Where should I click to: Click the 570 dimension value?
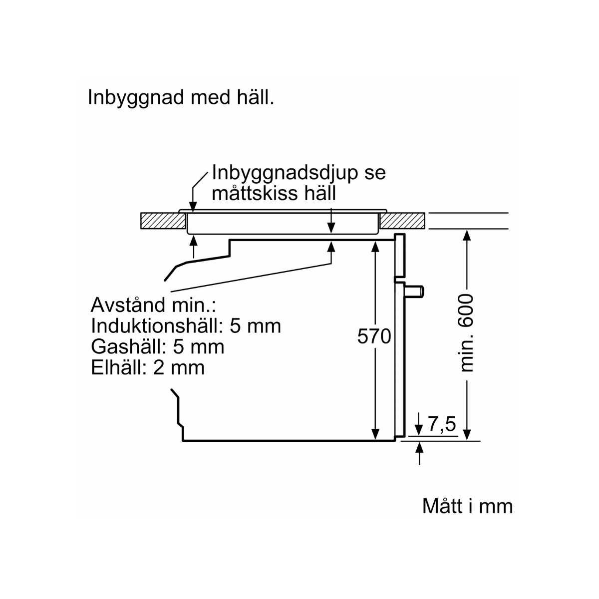click(374, 337)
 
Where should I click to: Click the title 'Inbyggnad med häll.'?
click(181, 97)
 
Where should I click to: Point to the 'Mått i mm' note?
click(467, 506)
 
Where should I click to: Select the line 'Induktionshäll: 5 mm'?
click(186, 326)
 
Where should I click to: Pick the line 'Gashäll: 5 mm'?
click(158, 346)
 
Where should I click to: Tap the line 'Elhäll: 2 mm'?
click(148, 367)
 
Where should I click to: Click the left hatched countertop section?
click(159, 220)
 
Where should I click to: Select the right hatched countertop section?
click(403, 220)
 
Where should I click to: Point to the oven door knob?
click(415, 291)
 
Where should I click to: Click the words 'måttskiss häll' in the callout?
click(274, 193)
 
